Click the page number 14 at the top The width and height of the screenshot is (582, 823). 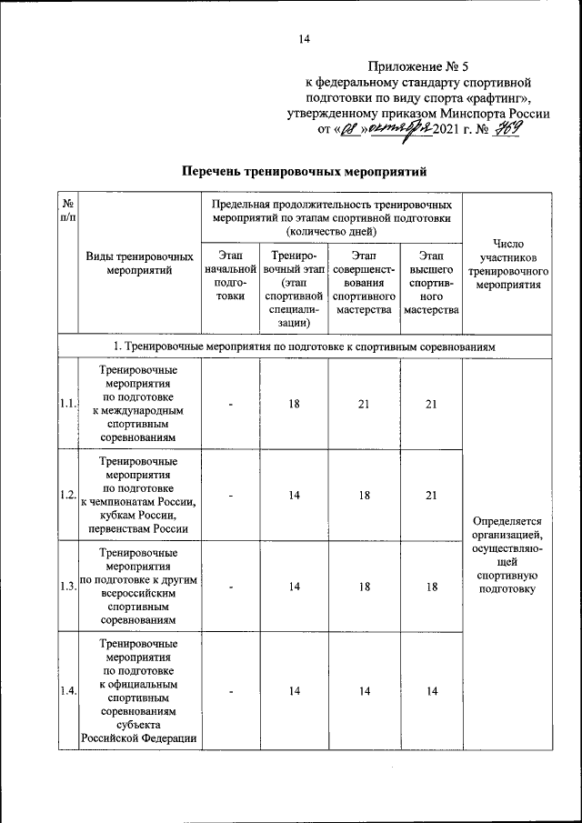click(x=304, y=38)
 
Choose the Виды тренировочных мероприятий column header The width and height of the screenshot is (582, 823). click(x=139, y=264)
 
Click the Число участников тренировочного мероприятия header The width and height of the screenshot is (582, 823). click(x=507, y=264)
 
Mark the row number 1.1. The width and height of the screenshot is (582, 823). click(x=66, y=404)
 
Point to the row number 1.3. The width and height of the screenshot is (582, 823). click(x=66, y=587)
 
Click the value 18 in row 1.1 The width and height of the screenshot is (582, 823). click(x=295, y=404)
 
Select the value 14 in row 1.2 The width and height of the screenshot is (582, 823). click(x=295, y=495)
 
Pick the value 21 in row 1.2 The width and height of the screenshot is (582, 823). click(x=431, y=495)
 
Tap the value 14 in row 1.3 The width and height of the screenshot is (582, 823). click(x=295, y=587)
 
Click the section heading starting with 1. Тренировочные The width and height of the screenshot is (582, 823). click(x=304, y=346)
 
